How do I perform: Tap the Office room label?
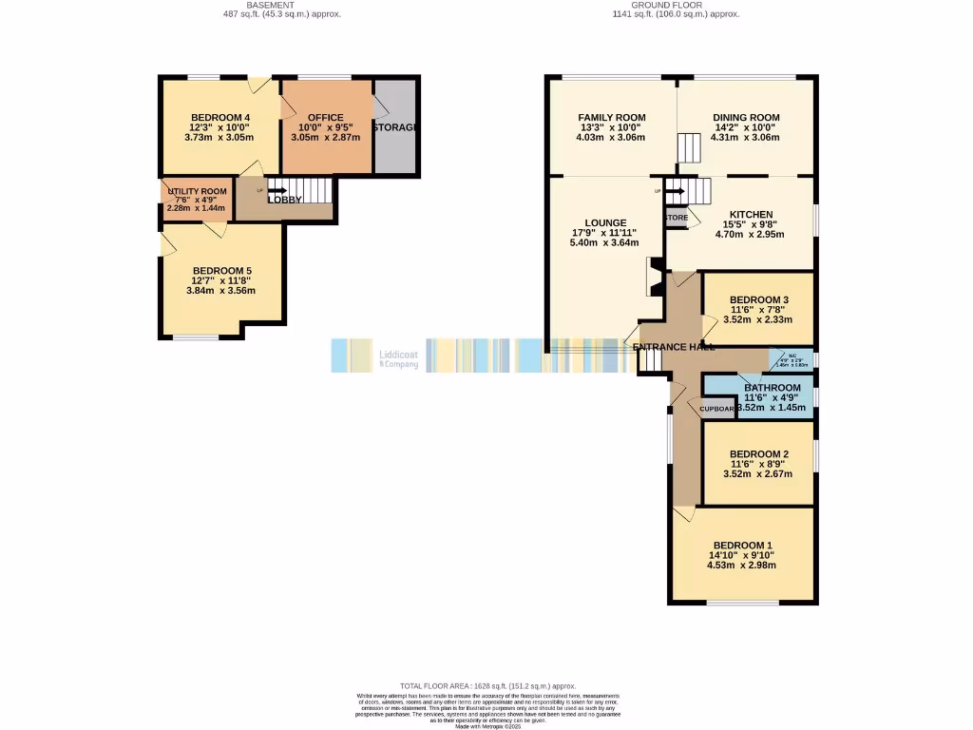point(325,118)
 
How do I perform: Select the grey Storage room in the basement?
point(396,127)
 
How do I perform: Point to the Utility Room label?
point(198,191)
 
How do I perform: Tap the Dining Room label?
point(745,117)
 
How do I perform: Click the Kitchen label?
point(750,214)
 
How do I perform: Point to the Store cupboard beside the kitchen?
point(676,218)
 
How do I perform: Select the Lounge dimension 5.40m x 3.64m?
point(604,242)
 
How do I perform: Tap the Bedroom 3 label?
point(758,299)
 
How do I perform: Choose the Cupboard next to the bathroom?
point(717,409)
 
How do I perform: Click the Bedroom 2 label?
point(758,453)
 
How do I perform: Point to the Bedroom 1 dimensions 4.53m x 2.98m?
point(741,565)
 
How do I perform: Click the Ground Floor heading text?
point(674,5)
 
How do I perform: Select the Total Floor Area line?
point(487,685)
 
